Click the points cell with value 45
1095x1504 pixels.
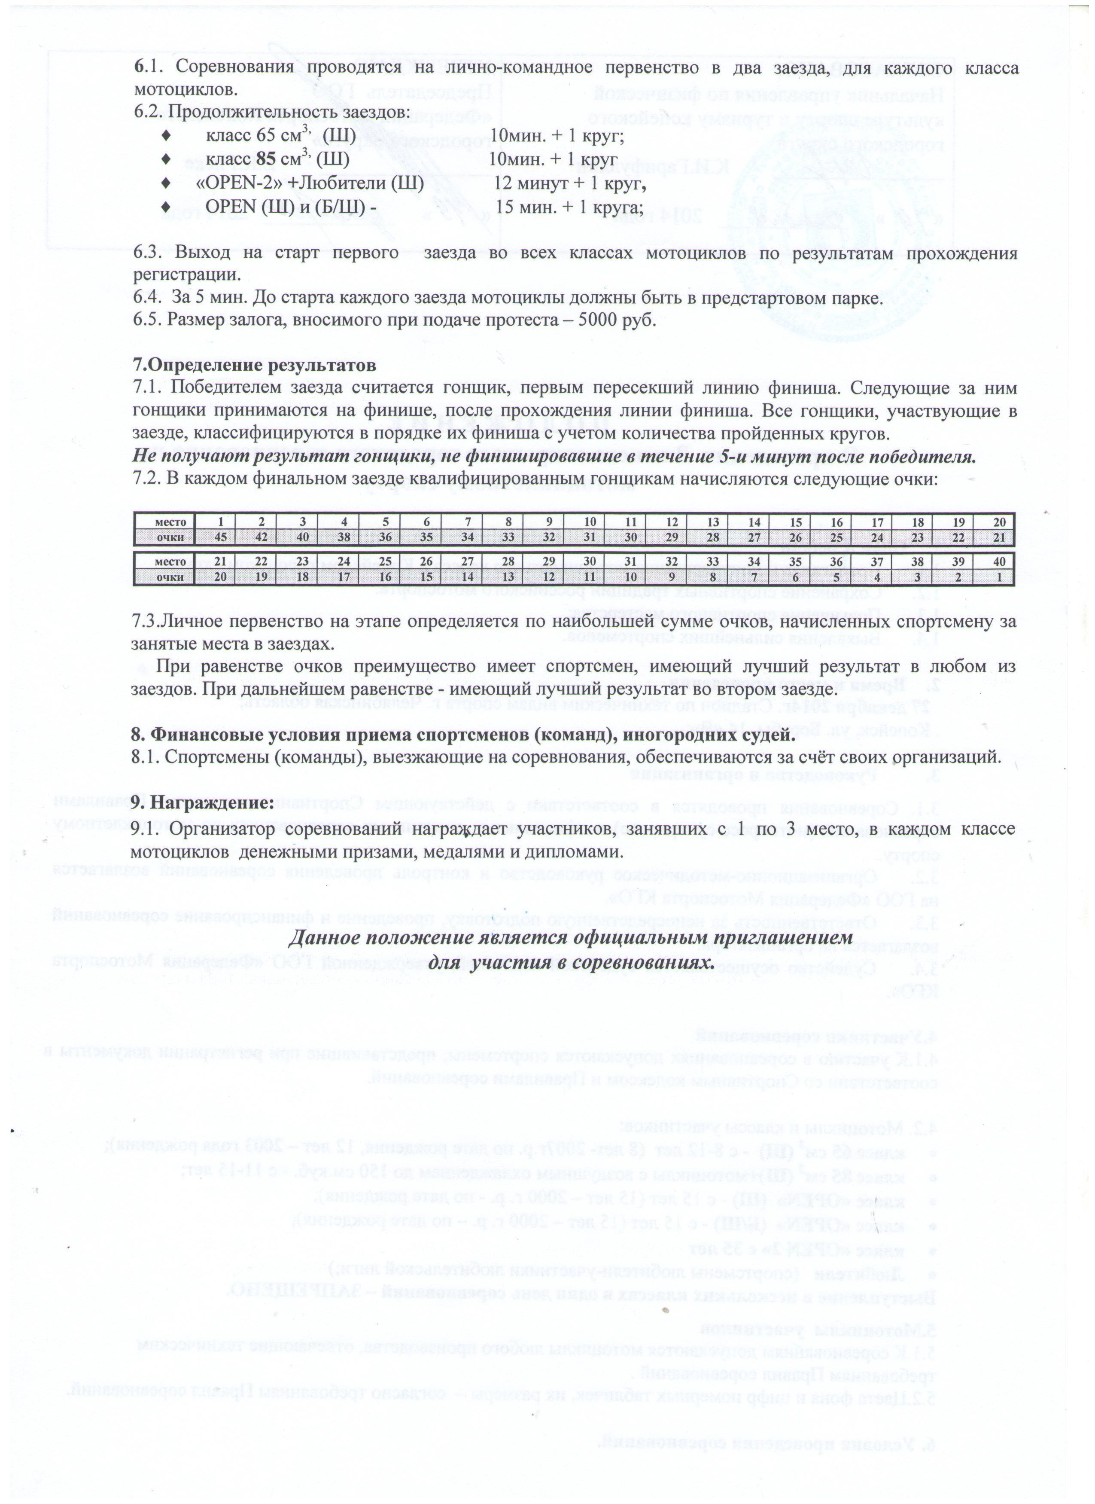221,537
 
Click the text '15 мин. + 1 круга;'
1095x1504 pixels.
569,207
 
